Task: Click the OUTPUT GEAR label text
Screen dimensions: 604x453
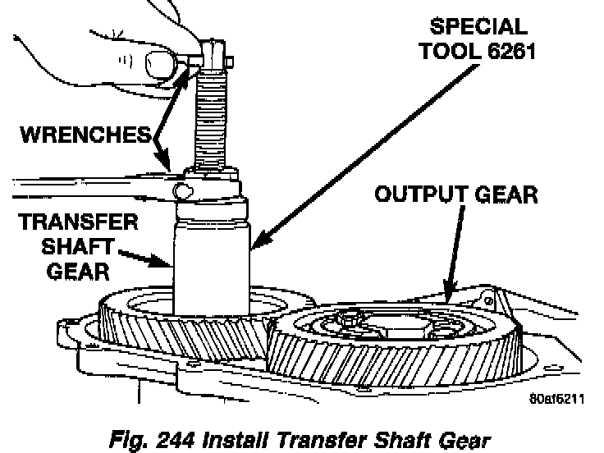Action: pos(456,195)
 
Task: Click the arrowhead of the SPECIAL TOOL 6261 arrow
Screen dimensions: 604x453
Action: pos(254,244)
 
